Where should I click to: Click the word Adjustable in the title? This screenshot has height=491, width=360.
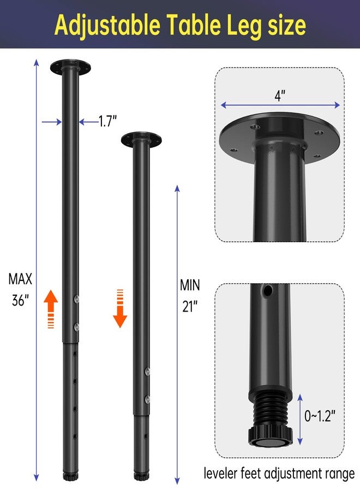point(107,26)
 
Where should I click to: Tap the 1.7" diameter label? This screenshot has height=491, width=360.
point(107,121)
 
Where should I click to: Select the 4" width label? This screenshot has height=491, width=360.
point(280,95)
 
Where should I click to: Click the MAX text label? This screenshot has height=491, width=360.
point(20,279)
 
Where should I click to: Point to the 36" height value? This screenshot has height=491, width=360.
point(20,300)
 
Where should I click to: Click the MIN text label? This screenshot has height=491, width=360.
point(190,285)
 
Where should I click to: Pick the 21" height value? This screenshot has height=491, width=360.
point(190,306)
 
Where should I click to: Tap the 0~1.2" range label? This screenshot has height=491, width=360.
point(320,416)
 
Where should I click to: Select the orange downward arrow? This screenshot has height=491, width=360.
point(120,308)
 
